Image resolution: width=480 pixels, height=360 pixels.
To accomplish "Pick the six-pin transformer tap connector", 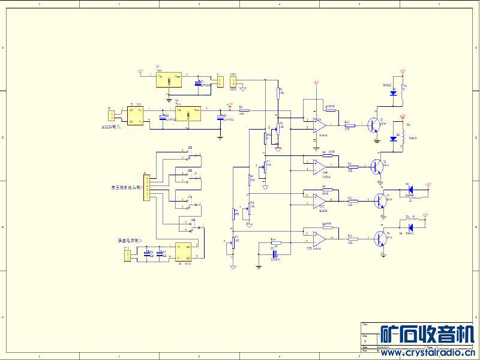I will [146, 186].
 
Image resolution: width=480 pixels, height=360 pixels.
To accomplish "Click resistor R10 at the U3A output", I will [350, 125].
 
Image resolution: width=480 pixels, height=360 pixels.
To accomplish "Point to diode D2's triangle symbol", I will [394, 139].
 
